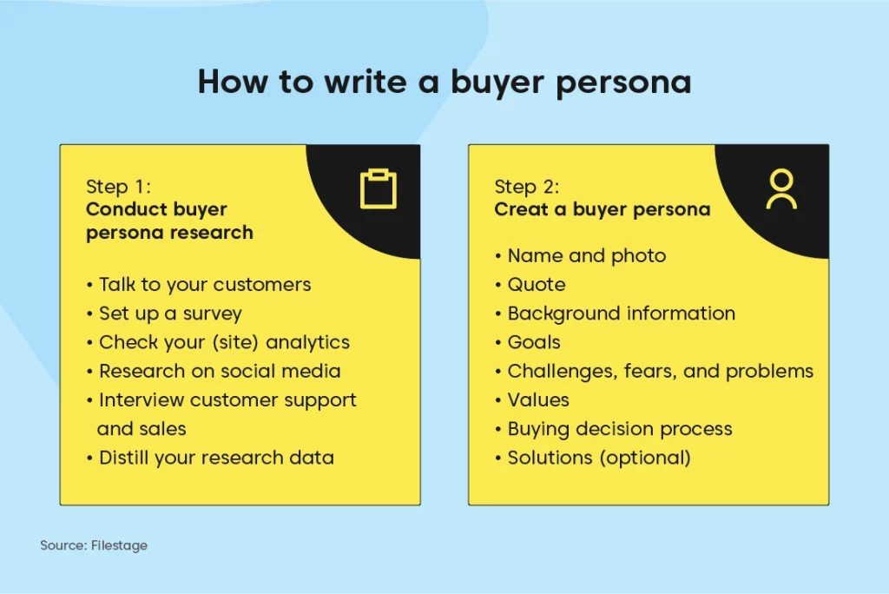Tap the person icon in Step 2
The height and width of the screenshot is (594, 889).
(x=781, y=181)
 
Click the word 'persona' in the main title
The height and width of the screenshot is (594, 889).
(x=623, y=82)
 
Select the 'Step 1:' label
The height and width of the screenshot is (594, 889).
(x=118, y=187)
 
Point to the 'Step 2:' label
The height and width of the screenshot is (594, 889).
(x=527, y=187)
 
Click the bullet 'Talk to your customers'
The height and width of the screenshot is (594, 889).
(x=205, y=285)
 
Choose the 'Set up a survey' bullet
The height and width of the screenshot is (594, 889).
(x=170, y=313)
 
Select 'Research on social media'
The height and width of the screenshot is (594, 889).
(x=220, y=372)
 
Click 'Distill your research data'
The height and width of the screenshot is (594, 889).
(x=216, y=458)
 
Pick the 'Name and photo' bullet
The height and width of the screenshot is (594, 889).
(x=586, y=256)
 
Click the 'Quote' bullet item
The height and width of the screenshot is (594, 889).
(x=536, y=285)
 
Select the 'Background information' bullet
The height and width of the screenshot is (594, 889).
(x=621, y=313)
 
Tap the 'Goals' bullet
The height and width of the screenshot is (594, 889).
(x=534, y=343)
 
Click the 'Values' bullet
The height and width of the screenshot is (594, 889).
(x=538, y=400)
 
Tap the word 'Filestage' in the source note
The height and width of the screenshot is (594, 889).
(x=119, y=545)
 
